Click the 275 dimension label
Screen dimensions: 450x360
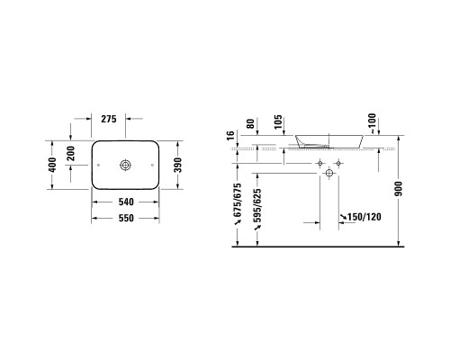click(109, 119)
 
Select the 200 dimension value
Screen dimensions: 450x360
click(71, 153)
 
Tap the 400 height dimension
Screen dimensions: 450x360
click(52, 165)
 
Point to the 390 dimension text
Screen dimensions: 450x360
click(178, 165)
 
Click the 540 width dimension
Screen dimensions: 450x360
click(126, 202)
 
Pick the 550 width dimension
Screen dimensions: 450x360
click(126, 218)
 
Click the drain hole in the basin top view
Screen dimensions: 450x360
click(125, 165)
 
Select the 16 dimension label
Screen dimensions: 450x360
click(230, 136)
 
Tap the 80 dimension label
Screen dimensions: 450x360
click(250, 123)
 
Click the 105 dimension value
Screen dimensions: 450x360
click(278, 121)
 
